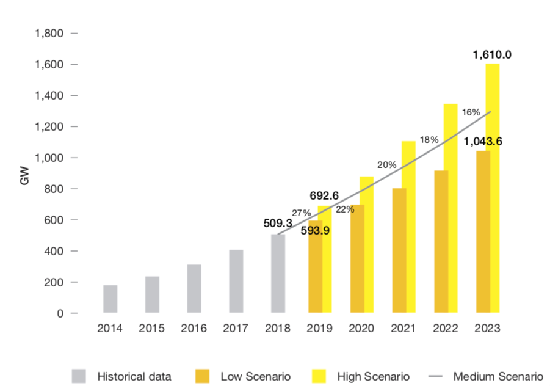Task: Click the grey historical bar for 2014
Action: click(x=110, y=299)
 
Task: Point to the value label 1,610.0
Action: click(x=492, y=55)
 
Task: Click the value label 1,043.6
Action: click(x=483, y=142)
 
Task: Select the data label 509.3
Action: click(x=278, y=224)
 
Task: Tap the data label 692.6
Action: click(x=325, y=196)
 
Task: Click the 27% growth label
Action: click(x=302, y=213)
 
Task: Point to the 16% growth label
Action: click(x=471, y=112)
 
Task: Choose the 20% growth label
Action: click(x=386, y=165)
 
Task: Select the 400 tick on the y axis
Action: click(x=57, y=251)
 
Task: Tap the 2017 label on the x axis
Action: click(x=236, y=328)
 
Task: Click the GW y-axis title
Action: click(x=25, y=173)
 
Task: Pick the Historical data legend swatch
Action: click(x=79, y=376)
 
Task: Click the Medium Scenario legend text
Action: click(x=498, y=376)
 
